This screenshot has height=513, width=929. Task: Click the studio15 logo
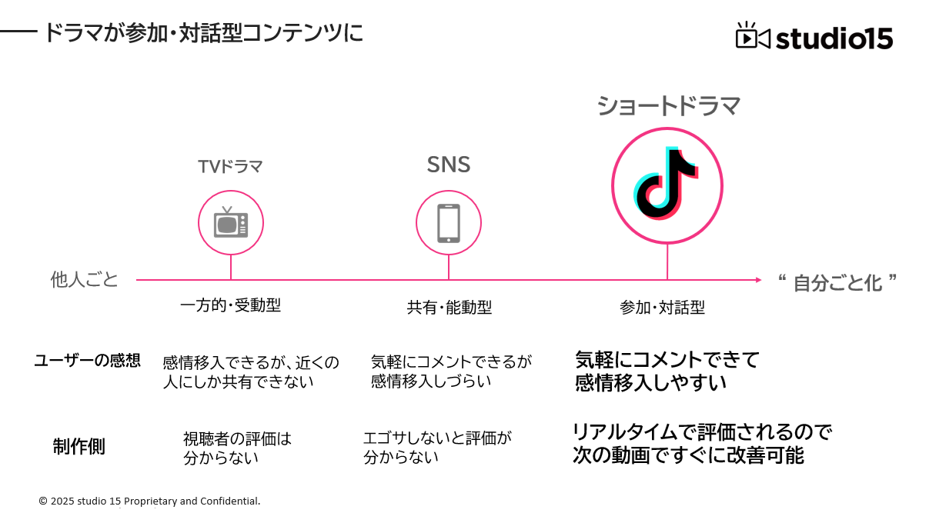pos(814,37)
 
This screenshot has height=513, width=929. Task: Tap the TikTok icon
pos(667,185)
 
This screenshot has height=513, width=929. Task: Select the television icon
pos(231,222)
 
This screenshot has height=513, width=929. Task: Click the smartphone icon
pos(449,223)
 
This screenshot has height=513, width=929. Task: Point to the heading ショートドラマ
pos(668,105)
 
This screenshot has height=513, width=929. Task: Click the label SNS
pos(449,165)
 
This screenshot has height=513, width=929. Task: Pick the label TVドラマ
pos(230,167)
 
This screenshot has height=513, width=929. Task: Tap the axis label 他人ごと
pos(85,280)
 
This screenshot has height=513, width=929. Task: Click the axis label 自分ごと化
pos(837,283)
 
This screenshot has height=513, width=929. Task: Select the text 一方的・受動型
pos(230,305)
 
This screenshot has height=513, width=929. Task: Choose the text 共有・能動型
pos(449,308)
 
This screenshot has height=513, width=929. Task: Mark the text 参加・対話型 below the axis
pos(663,308)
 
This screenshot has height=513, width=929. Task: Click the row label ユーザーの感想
pos(87,361)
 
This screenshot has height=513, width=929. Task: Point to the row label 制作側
pos(79,447)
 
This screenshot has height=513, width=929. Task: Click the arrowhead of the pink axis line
pos(758,280)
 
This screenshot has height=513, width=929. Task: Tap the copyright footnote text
pos(149,501)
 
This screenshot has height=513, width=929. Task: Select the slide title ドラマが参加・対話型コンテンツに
pos(203,33)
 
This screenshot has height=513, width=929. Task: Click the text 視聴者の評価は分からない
pos(237,448)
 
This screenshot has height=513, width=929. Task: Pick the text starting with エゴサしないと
pos(437,447)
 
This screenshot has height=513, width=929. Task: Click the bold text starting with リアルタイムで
pos(702,443)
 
